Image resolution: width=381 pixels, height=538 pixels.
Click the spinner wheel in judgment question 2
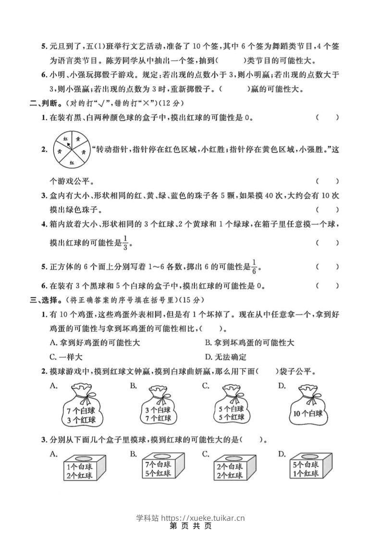tap(71, 150)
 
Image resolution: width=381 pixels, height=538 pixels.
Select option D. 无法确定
tap(225, 357)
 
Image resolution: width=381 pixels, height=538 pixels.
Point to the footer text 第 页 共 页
tap(191, 526)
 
